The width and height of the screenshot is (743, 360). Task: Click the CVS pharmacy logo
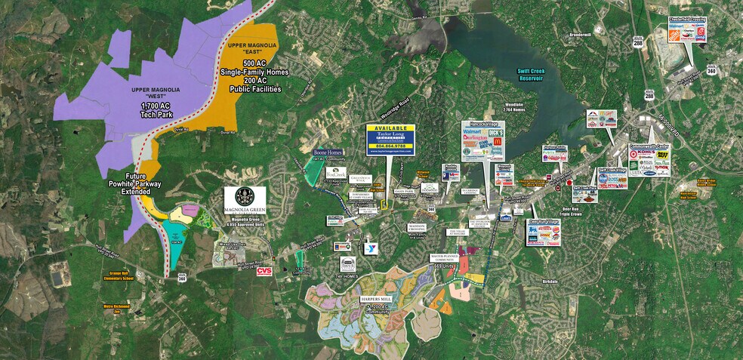click(x=264, y=271)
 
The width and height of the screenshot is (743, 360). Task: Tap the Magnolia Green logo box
click(x=245, y=200)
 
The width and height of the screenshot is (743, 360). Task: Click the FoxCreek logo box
click(x=335, y=171)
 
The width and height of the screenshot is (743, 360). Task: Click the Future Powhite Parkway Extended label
click(x=125, y=187)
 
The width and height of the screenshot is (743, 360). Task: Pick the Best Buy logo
click(x=662, y=155)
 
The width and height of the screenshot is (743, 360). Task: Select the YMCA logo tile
click(x=371, y=248)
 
